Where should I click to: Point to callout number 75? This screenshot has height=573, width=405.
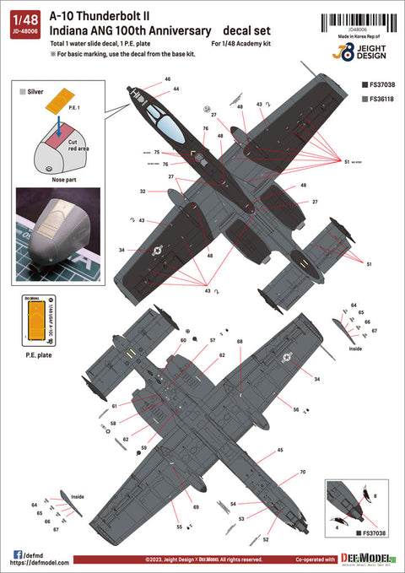[158, 153]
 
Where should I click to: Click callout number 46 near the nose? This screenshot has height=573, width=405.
[168, 78]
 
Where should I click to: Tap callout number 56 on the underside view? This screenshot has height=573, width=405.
[296, 409]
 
